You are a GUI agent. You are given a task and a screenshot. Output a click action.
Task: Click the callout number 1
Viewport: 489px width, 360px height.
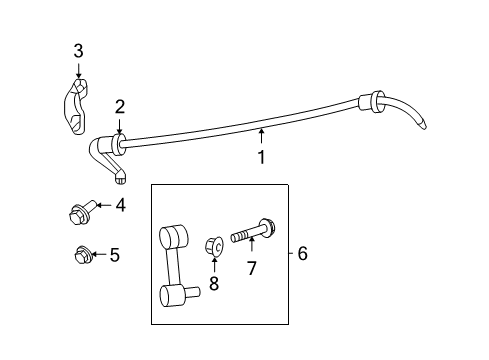tap(262, 157)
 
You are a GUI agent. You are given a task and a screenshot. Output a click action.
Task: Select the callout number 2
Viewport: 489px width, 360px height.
tap(120, 107)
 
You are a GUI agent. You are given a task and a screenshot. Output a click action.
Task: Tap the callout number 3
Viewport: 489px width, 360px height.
tap(78, 51)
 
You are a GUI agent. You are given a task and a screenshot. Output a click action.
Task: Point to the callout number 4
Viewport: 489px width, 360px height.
tap(120, 205)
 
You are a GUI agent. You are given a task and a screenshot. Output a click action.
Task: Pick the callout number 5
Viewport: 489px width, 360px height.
tap(115, 255)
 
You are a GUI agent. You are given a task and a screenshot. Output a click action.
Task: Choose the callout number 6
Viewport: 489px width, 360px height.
tap(302, 253)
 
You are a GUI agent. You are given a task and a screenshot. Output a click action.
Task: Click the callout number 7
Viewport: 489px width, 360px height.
tap(252, 268)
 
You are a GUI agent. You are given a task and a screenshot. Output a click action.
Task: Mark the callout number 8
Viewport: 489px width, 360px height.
tap(214, 284)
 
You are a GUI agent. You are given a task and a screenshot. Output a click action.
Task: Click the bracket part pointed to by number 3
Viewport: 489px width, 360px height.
tap(76, 107)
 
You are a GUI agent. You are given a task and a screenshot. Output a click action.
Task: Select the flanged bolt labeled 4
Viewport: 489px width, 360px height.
tap(82, 212)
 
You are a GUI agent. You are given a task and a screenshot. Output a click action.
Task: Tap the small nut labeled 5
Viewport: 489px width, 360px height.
tap(81, 255)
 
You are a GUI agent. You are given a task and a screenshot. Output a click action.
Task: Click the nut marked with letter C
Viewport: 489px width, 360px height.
tap(214, 247)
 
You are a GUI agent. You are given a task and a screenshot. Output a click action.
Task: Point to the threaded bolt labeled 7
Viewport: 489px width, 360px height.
tap(254, 231)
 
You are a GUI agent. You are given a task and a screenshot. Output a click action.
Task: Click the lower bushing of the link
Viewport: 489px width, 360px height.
tap(173, 295)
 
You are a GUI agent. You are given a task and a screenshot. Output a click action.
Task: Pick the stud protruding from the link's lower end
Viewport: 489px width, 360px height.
tap(193, 292)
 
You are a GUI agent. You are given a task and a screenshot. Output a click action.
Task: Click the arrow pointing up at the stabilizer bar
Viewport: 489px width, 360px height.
tap(262, 136)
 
